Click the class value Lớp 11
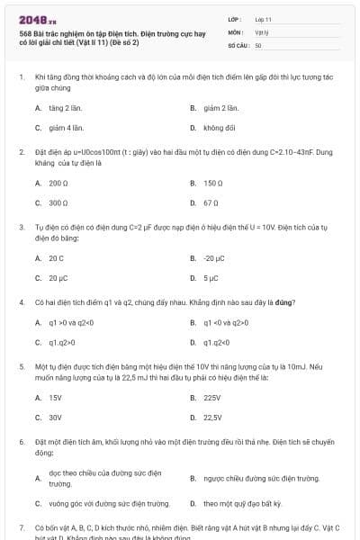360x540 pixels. pos(263,18)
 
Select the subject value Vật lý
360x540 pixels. pos(261,31)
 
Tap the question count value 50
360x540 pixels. pos(258,44)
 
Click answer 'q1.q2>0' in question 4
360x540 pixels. pos(62,342)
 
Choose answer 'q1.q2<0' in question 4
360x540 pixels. pos(218,342)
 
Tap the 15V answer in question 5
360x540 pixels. pos(55,397)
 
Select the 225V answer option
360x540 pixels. pos(212,397)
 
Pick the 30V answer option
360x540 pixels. pos(55,418)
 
